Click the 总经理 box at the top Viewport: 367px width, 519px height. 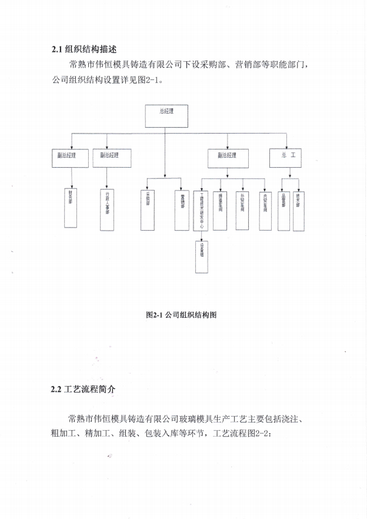(166, 116)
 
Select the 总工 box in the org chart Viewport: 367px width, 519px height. (287, 157)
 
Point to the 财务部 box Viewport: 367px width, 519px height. (71, 207)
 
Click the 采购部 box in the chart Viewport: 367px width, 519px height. (148, 209)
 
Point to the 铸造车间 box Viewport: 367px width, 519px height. (221, 208)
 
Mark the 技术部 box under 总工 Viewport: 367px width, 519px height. (300, 209)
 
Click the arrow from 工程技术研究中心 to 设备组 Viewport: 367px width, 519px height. (202, 236)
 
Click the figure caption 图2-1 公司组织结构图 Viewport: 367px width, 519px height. (182, 315)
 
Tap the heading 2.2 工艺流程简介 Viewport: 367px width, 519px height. (88, 390)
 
